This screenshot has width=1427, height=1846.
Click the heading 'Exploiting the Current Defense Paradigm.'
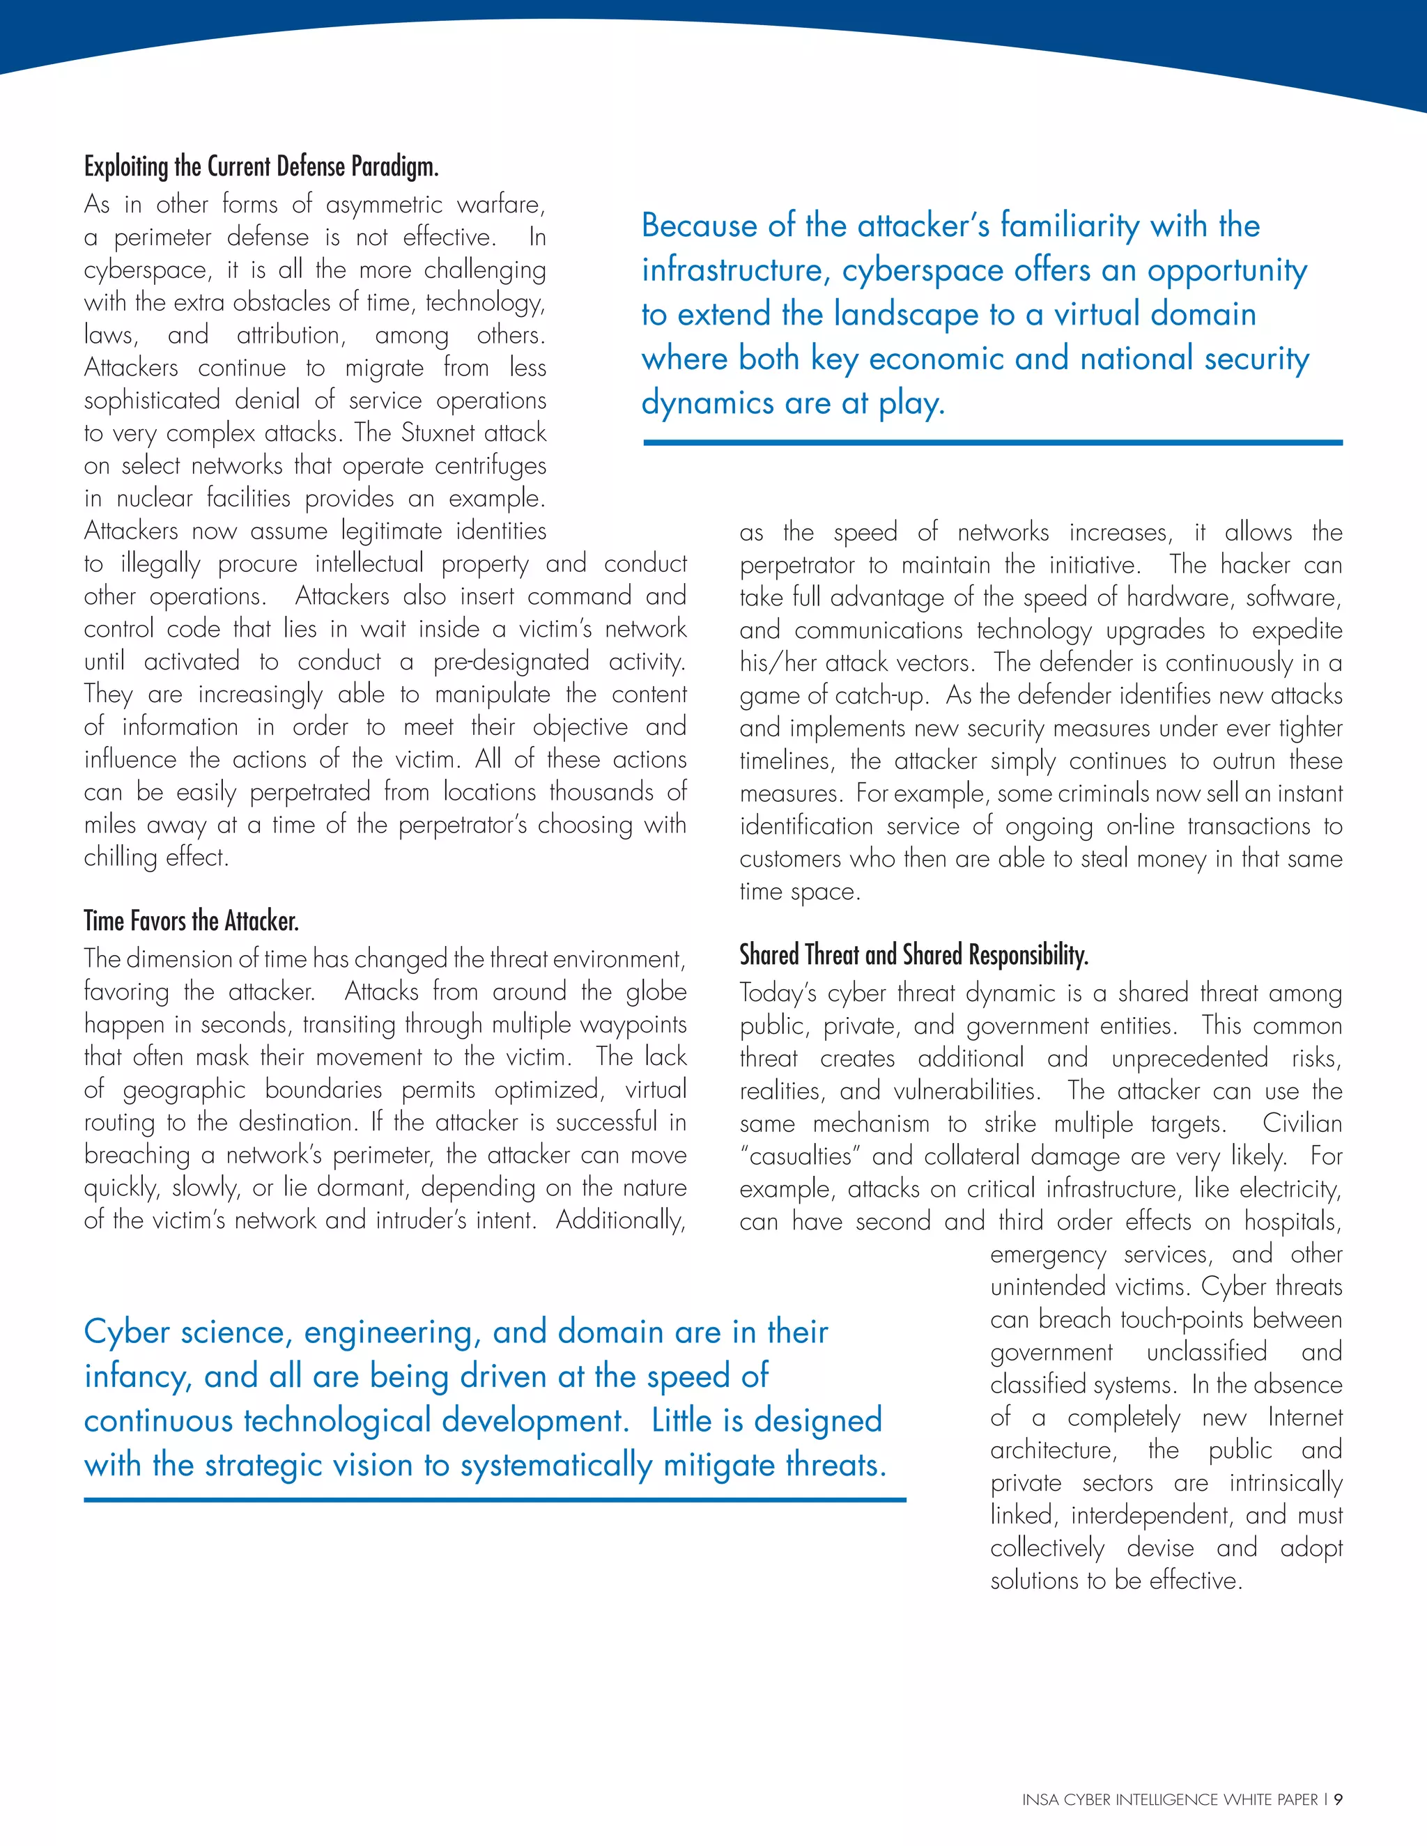point(261,166)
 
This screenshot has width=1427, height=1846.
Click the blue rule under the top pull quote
point(992,442)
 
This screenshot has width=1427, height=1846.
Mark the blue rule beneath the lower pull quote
point(495,1500)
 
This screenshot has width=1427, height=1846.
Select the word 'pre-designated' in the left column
point(511,662)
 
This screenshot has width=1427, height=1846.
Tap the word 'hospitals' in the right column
point(1292,1223)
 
